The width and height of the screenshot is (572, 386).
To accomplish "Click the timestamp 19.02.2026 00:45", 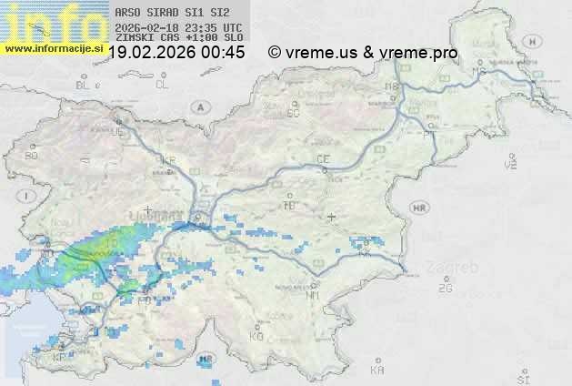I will pyautogui.click(x=176, y=53).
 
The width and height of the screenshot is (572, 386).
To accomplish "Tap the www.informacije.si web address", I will pyautogui.click(x=53, y=47).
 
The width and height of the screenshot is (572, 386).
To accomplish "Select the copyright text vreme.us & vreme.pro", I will pyautogui.click(x=363, y=53).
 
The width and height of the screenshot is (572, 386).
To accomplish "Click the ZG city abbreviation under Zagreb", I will pyautogui.click(x=444, y=289).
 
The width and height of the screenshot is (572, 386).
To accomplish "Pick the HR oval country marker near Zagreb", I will pyautogui.click(x=419, y=208).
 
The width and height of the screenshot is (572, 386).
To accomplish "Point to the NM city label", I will pyautogui.click(x=314, y=295).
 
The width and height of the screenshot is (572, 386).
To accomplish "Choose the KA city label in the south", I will pyautogui.click(x=377, y=371).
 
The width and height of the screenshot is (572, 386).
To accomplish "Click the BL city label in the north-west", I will pyautogui.click(x=84, y=85).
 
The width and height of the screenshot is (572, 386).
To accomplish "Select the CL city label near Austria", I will pyautogui.click(x=162, y=85).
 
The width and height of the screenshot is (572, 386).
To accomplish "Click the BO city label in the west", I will pyautogui.click(x=31, y=156).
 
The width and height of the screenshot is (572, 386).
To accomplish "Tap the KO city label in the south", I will pyautogui.click(x=256, y=336).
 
